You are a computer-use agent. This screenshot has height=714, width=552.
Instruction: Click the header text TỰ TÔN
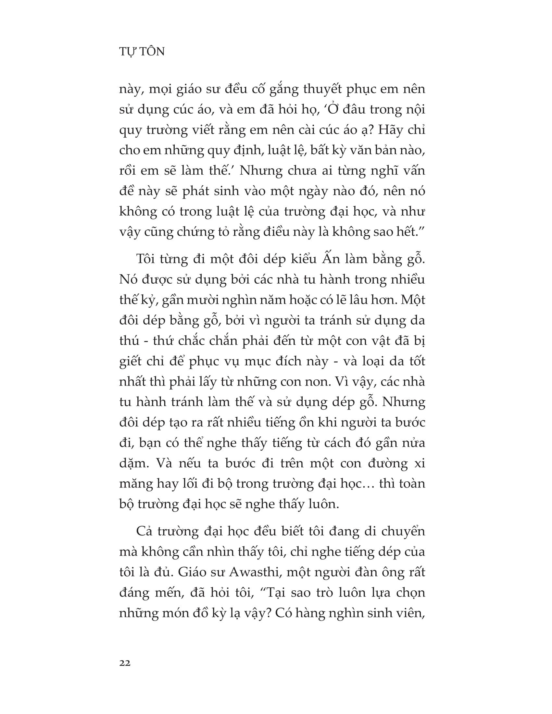(142, 52)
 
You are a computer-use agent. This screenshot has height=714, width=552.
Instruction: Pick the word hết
(404, 232)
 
